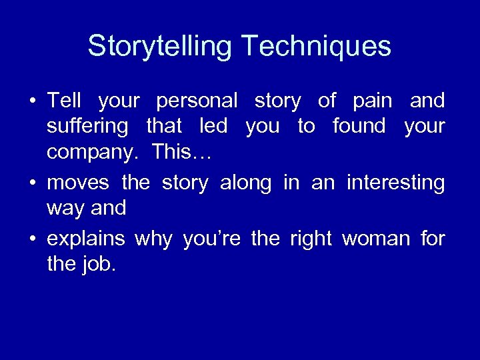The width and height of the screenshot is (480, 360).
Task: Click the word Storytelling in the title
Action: click(161, 47)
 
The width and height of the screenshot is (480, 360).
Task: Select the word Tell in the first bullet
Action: click(64, 101)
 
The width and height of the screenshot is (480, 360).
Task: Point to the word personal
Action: click(197, 101)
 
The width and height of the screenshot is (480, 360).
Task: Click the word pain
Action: click(373, 101)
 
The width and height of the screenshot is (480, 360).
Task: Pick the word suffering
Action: click(88, 127)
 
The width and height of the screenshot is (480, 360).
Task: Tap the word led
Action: click(213, 127)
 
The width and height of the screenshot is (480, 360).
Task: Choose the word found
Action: click(360, 127)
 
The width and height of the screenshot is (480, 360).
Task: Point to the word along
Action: click(246, 182)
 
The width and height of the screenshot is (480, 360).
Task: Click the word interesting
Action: click(395, 182)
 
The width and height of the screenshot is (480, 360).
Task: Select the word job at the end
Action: click(100, 264)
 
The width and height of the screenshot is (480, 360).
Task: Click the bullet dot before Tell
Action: click(32, 102)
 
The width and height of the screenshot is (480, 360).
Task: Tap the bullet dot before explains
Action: click(32, 238)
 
